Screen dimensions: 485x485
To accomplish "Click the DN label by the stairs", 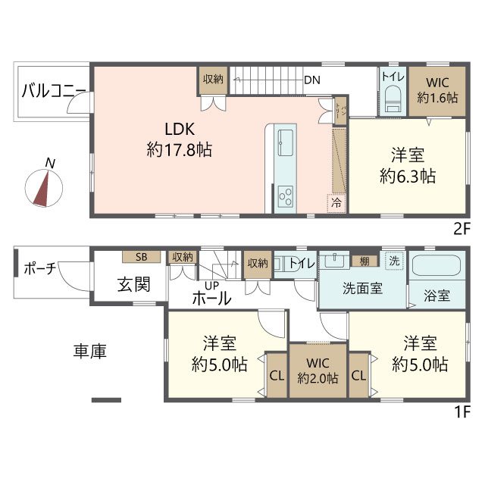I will pyautogui.click(x=311, y=80).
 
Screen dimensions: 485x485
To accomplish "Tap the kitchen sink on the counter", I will pyautogui.click(x=287, y=140).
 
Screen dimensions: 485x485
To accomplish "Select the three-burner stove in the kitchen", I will pyautogui.click(x=286, y=196).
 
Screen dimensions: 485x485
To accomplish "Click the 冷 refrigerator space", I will pyautogui.click(x=336, y=202).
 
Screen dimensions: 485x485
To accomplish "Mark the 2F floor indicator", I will pyautogui.click(x=461, y=227).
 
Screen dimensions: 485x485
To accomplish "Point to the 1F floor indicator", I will pyautogui.click(x=461, y=412).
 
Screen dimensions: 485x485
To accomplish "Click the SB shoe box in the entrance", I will pyautogui.click(x=142, y=257).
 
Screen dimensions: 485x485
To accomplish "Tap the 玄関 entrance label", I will pyautogui.click(x=133, y=285).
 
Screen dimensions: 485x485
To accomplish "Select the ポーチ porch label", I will pyautogui.click(x=39, y=269).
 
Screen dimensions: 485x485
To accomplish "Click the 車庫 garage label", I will pyautogui.click(x=89, y=351).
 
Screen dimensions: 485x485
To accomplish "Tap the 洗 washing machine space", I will pyautogui.click(x=393, y=258).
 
